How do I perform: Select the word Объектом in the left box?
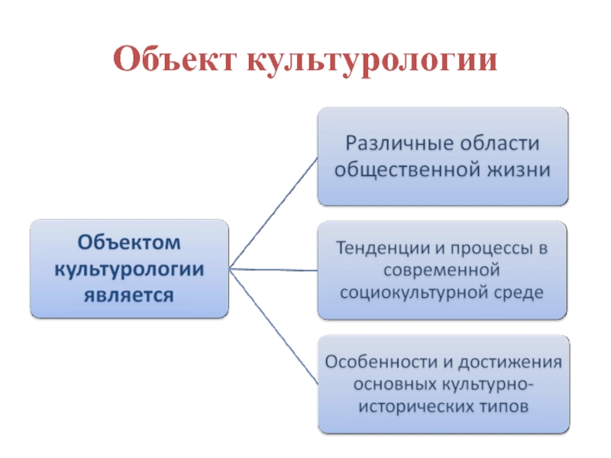128,244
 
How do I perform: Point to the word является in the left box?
128,294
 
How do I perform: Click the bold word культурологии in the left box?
128,269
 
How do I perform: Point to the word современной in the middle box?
443,269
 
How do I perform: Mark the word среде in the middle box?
523,292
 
